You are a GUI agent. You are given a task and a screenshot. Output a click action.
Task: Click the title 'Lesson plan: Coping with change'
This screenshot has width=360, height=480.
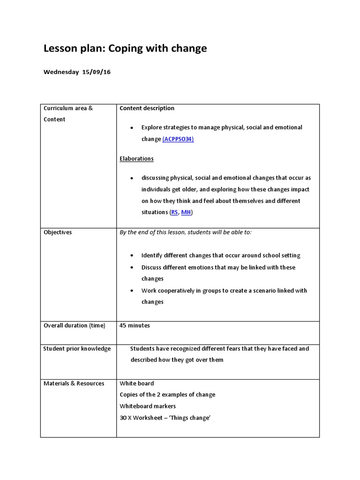125,49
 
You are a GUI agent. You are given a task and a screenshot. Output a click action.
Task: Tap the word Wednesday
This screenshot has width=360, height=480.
61,72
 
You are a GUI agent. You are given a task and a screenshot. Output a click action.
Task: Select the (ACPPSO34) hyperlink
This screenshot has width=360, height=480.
178,139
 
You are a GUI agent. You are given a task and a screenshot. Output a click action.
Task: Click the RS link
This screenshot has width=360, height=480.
174,212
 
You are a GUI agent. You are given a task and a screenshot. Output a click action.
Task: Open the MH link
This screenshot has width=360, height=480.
186,212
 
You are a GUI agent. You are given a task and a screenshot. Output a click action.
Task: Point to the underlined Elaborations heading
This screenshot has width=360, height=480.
136,158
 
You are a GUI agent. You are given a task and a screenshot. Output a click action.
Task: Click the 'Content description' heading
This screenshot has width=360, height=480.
147,108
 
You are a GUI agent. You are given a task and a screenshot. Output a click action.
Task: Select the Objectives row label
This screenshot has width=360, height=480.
58,232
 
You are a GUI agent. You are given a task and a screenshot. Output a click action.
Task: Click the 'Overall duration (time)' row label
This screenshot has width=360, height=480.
75,325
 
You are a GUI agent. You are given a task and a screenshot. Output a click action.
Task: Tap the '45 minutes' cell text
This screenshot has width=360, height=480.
135,325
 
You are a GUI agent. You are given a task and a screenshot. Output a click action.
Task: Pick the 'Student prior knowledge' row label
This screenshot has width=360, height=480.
77,348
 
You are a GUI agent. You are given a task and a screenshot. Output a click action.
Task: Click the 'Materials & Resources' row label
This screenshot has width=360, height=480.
74,383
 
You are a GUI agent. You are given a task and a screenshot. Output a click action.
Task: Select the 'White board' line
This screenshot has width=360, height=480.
136,383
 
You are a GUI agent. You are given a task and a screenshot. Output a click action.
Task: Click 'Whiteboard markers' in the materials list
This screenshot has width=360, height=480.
148,406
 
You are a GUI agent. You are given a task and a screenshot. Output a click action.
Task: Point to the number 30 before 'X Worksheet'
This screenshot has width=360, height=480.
123,417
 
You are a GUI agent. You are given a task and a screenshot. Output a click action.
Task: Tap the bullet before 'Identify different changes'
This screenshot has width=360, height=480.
132,256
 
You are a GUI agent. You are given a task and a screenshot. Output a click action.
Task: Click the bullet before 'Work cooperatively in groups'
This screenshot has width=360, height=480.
132,291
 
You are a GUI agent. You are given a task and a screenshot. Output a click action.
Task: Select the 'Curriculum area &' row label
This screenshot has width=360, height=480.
68,108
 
